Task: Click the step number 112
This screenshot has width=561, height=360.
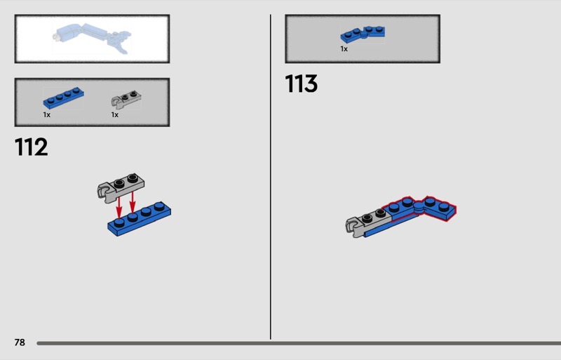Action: (x=31, y=147)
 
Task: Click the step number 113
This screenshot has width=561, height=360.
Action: (x=302, y=84)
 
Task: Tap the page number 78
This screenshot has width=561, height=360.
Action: (x=20, y=342)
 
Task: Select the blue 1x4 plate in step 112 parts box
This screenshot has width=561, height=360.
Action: (x=64, y=98)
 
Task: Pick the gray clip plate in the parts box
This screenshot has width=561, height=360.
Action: (x=126, y=99)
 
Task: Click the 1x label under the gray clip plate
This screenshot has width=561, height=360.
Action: (x=114, y=114)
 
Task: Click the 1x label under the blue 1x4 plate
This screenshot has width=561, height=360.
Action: (x=46, y=114)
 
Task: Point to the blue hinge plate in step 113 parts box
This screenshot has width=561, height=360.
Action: (x=363, y=34)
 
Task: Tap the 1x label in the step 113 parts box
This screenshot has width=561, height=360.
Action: (x=344, y=48)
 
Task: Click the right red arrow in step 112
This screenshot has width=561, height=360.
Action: (x=133, y=202)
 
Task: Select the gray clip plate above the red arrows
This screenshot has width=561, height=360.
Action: (x=121, y=187)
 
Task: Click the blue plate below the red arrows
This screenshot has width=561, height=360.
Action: (x=140, y=219)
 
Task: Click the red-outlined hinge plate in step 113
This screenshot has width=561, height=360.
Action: (x=419, y=209)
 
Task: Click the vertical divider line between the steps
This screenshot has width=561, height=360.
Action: (x=271, y=177)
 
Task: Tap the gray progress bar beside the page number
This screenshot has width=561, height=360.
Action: (x=299, y=343)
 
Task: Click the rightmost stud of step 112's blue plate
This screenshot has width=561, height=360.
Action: (x=160, y=206)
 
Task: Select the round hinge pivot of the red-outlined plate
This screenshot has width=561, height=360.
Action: (x=419, y=206)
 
